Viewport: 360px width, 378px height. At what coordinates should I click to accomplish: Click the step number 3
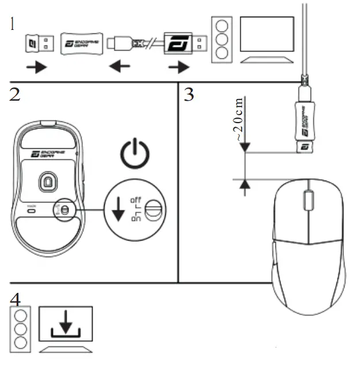(189, 95)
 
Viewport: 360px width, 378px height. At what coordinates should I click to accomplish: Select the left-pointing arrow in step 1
(119, 67)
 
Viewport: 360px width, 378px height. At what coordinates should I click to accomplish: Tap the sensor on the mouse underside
(47, 183)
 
